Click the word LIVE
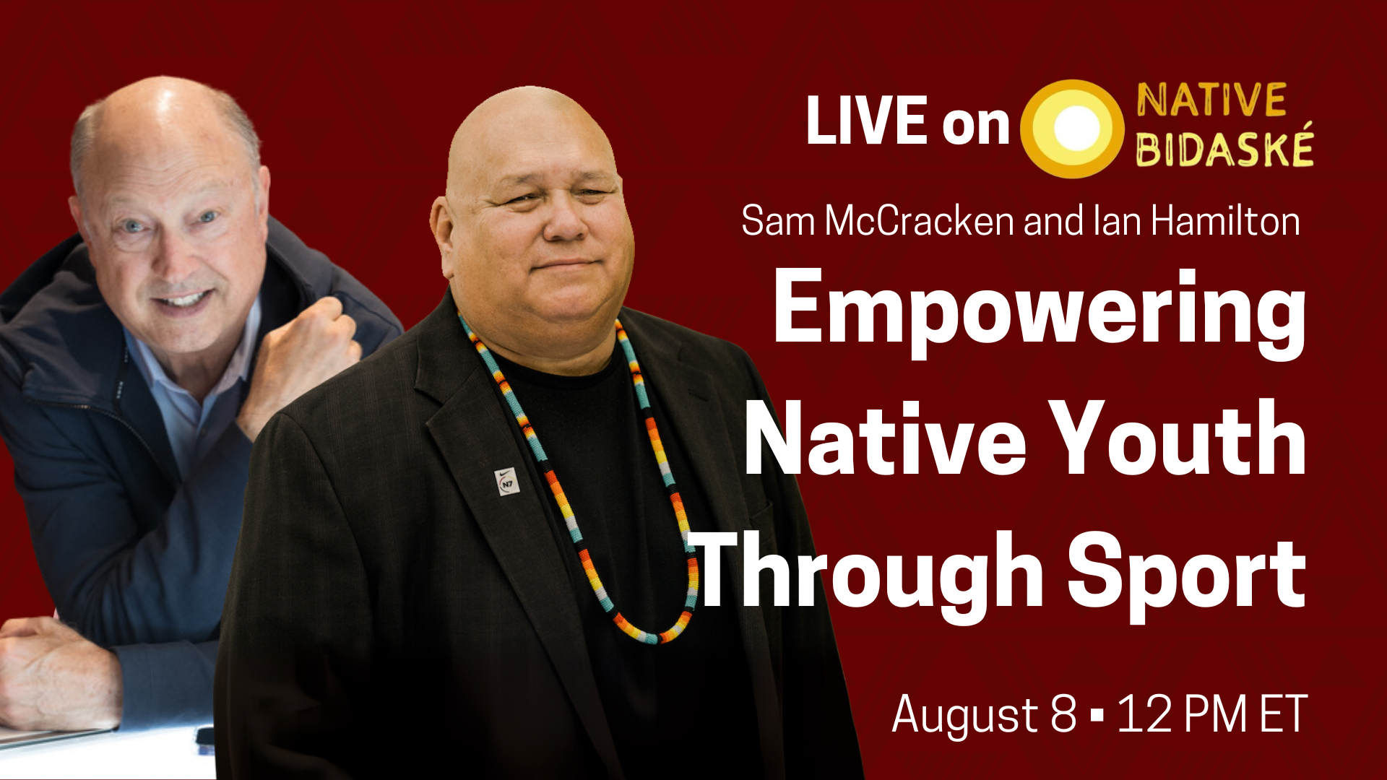[866, 120]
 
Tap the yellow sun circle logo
[1072, 128]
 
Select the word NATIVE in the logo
[1211, 100]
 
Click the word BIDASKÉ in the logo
[1224, 147]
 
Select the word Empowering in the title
[1040, 311]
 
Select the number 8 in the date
[1063, 714]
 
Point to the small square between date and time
[1097, 715]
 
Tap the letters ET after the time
[1283, 714]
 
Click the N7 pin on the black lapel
[508, 482]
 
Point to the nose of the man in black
[564, 220]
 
